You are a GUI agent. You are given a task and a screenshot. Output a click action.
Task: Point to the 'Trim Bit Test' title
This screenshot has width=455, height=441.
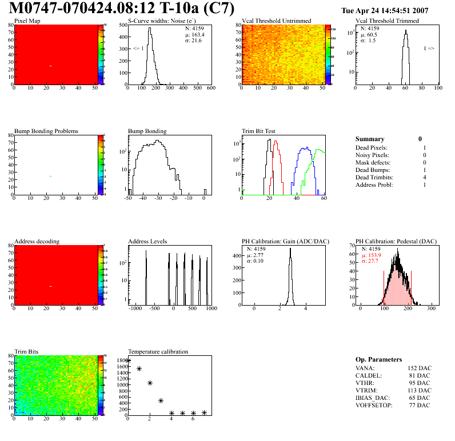pyautogui.click(x=259, y=131)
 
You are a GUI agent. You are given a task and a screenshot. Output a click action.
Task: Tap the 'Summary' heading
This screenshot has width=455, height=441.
pyautogui.click(x=370, y=139)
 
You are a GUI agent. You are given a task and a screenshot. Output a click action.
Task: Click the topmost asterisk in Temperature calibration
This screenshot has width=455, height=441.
pyautogui.click(x=128, y=360)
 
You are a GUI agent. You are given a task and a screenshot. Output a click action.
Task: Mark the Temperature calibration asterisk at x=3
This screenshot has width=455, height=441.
pyautogui.click(x=161, y=400)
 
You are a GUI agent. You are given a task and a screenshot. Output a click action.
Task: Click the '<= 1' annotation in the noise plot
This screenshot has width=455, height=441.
pyautogui.click(x=138, y=49)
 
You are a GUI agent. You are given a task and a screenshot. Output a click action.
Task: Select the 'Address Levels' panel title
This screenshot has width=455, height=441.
pyautogui.click(x=147, y=242)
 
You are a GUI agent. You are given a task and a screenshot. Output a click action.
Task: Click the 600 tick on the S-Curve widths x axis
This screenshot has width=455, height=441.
pyautogui.click(x=210, y=89)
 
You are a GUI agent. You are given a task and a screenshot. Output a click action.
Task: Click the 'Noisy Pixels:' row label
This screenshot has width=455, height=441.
pyautogui.click(x=372, y=155)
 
